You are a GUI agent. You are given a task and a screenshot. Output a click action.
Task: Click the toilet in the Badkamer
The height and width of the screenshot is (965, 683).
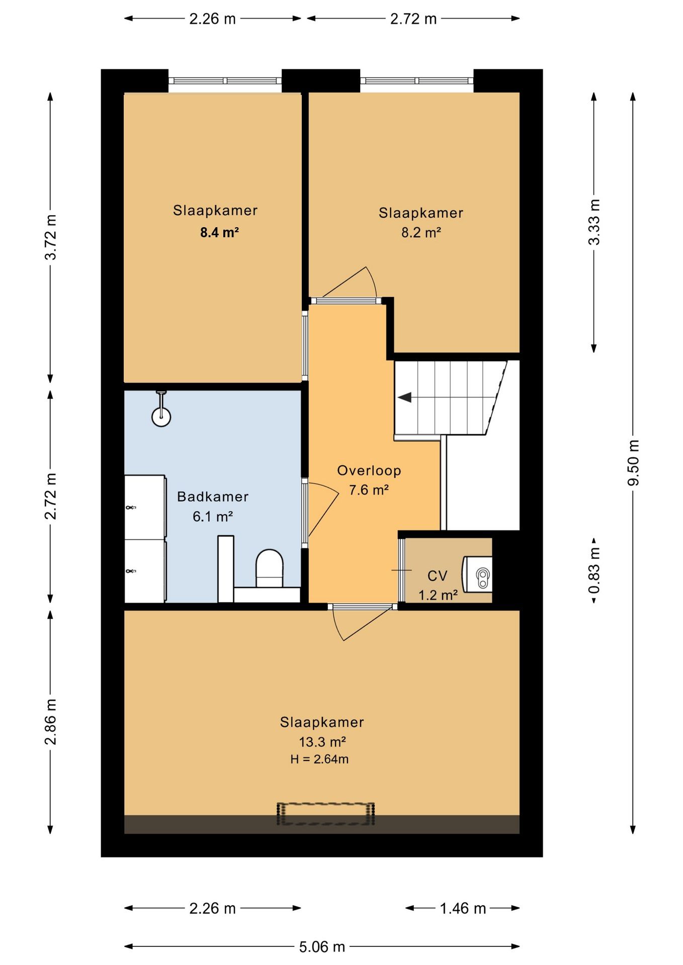(270, 568)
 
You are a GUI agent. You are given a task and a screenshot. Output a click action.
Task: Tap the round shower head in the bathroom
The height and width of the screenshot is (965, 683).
(161, 417)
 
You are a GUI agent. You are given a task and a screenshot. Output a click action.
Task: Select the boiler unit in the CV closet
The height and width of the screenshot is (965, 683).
(477, 574)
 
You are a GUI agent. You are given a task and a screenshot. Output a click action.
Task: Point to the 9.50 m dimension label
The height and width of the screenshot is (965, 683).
(633, 463)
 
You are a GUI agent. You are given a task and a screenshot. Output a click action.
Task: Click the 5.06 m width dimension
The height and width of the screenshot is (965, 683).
(322, 947)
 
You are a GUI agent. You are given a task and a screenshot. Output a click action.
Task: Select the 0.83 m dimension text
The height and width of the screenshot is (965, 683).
(594, 570)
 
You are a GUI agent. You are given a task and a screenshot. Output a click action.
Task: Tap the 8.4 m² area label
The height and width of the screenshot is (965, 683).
(219, 233)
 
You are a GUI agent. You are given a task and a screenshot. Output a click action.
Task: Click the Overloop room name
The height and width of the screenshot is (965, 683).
(369, 470)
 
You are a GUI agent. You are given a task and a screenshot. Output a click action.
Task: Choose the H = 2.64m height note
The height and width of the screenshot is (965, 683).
(319, 759)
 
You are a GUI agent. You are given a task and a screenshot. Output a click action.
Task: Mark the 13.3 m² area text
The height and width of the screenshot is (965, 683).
(322, 742)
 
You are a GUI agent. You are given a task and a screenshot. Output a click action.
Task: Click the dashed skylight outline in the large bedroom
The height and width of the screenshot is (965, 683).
(326, 814)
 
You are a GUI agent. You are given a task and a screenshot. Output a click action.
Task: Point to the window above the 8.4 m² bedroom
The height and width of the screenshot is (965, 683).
(225, 80)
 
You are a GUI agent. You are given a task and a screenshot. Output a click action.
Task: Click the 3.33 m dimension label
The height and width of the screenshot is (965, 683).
(594, 222)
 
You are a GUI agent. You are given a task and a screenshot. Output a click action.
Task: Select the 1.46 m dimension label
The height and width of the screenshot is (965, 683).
(463, 908)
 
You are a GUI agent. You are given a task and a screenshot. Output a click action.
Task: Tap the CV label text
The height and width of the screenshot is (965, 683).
(437, 576)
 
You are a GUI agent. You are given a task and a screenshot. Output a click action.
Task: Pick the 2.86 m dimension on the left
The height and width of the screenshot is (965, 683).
(50, 721)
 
